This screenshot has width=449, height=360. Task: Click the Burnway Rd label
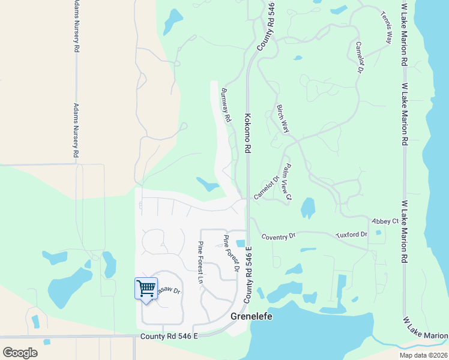click(226, 106)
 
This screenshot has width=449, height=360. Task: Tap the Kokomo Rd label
click(247, 133)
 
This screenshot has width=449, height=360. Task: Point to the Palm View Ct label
click(285, 183)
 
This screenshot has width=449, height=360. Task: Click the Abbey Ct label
click(385, 221)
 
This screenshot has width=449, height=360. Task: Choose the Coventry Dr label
click(280, 235)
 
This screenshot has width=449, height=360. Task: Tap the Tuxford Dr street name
click(351, 233)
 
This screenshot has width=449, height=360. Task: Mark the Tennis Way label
click(385, 28)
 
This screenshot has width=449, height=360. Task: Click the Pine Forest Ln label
click(201, 262)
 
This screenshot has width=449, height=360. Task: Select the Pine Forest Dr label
click(231, 253)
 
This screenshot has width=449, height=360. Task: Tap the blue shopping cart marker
click(146, 289)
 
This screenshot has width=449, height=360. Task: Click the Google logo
click(20, 353)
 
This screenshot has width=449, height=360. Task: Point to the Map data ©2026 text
click(423, 355)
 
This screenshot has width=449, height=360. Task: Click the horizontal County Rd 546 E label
click(169, 337)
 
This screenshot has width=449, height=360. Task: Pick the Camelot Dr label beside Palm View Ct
click(267, 187)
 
